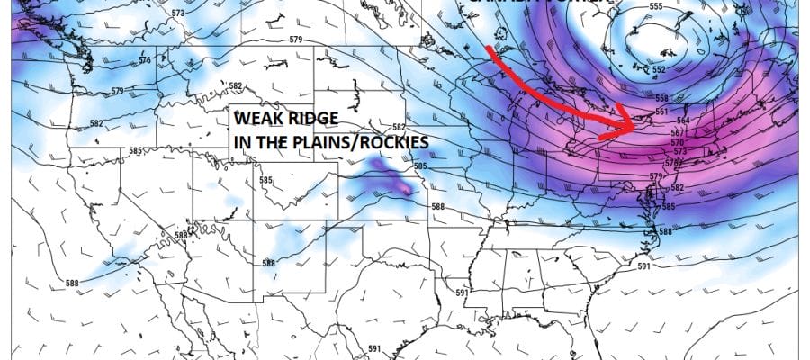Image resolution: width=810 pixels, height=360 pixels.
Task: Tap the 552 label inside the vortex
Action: click(659, 69)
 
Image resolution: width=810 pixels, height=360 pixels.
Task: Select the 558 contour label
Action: click(661, 98)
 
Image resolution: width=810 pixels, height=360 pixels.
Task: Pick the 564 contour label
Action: click(682, 121)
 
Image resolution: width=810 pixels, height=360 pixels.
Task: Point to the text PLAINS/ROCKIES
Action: click(370, 141)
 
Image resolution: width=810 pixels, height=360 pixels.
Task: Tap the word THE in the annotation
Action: click(274, 141)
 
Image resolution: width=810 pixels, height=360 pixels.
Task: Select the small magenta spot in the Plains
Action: click(409, 189)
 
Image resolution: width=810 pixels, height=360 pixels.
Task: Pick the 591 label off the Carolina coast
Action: click(643, 267)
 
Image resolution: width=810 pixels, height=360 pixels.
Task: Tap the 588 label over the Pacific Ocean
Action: click(71, 283)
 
